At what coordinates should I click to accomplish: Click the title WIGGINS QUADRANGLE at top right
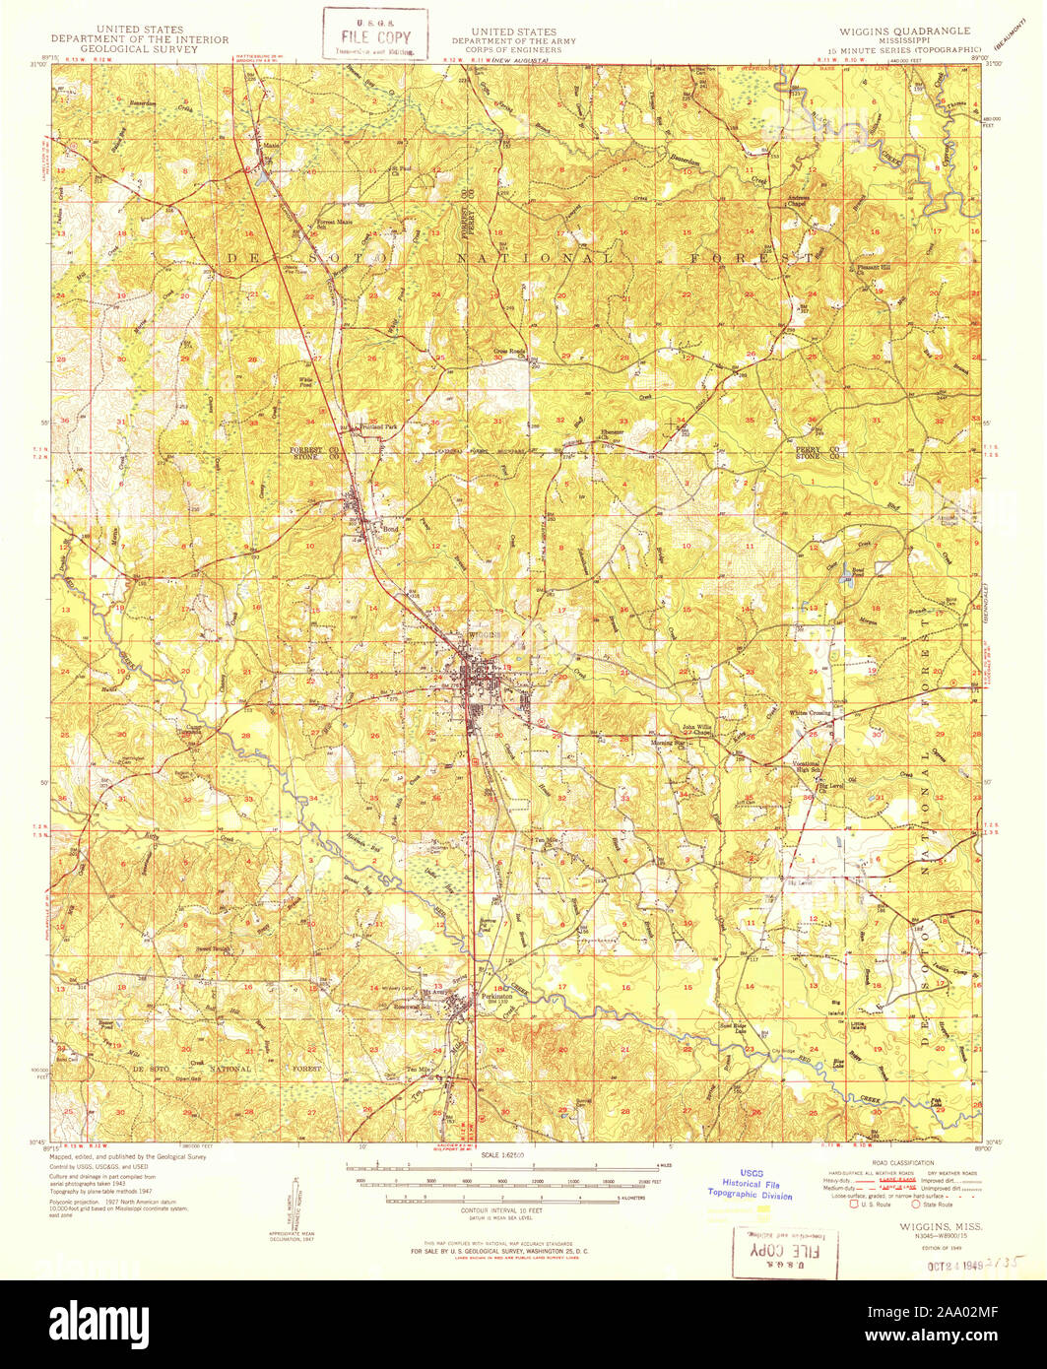pos(903,32)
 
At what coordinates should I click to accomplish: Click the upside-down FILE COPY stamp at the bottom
pos(785,1250)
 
